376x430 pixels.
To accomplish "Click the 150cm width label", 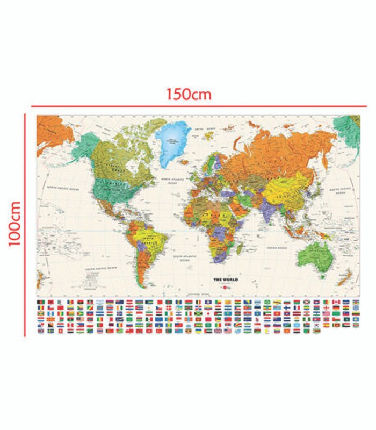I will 189,94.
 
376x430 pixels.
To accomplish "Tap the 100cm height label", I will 14,223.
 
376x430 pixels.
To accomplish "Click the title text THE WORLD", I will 226,279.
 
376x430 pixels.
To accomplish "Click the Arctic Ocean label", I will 207,130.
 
